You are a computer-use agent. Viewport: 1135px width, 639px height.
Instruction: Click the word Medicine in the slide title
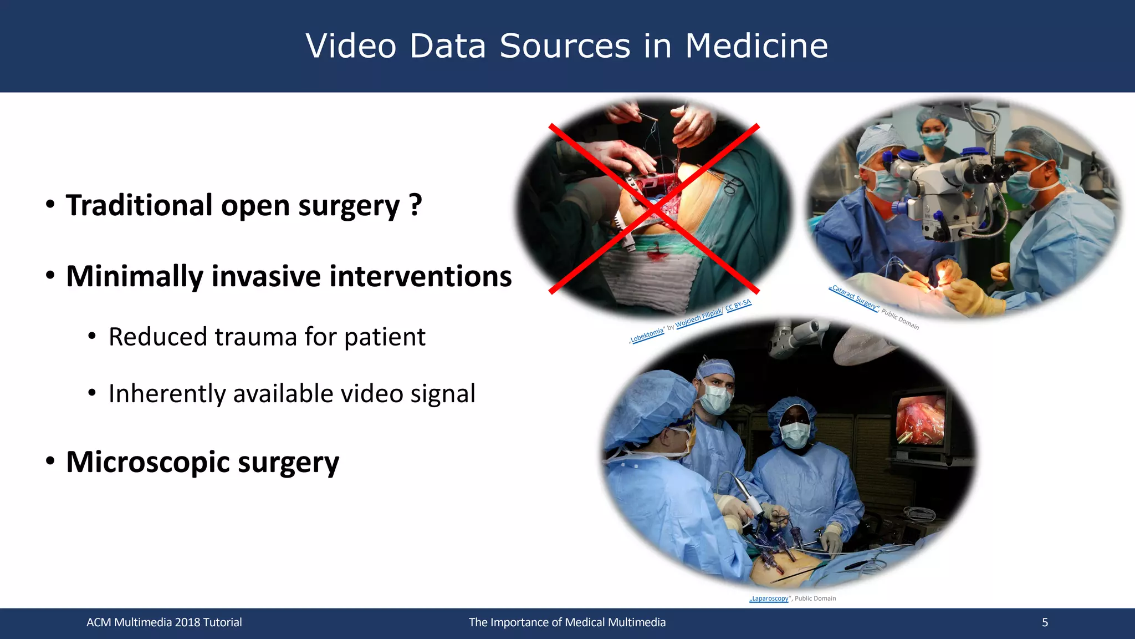point(756,45)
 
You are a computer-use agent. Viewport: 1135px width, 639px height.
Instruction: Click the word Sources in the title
point(565,45)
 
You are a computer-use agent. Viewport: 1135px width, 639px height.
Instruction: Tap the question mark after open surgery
point(416,205)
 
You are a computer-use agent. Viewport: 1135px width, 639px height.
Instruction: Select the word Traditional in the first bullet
point(139,205)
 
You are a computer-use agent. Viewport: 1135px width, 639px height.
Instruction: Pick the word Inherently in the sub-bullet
point(166,394)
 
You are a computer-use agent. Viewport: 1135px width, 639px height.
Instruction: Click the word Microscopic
point(147,462)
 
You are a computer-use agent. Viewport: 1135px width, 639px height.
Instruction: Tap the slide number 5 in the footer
point(1045,622)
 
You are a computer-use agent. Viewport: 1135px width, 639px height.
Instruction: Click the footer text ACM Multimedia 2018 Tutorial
point(164,622)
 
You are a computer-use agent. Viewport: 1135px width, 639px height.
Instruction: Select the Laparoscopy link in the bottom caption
point(769,599)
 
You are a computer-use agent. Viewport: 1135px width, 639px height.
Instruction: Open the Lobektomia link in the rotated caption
point(647,336)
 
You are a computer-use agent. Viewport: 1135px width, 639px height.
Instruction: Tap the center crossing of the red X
point(654,209)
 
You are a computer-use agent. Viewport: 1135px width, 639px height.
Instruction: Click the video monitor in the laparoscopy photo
point(921,420)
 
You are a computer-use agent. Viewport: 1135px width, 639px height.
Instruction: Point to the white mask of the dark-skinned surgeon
point(795,434)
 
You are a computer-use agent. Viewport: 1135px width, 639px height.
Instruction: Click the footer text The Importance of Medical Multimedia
point(567,622)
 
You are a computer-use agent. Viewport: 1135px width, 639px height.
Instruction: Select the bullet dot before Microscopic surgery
point(50,461)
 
